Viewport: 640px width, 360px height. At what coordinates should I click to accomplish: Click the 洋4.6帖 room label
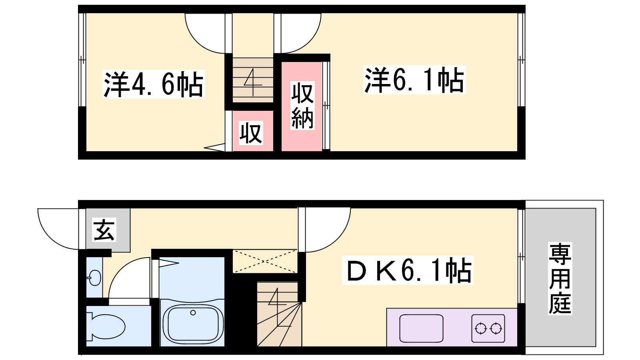point(154,84)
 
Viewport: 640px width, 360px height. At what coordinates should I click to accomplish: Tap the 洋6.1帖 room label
point(414,80)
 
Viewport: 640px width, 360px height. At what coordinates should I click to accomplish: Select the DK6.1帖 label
point(408,270)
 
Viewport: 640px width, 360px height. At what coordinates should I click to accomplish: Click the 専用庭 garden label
point(560,278)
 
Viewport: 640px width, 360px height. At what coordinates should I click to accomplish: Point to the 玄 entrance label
point(104,230)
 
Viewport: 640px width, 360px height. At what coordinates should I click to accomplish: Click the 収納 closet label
point(302,106)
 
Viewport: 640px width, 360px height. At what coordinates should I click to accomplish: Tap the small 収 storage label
point(251,133)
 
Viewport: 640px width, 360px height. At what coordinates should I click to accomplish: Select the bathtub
point(193,323)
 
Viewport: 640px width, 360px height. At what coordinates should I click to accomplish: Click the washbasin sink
point(94,277)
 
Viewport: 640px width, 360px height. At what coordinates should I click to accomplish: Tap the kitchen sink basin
point(422,328)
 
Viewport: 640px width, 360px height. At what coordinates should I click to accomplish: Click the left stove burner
point(480,328)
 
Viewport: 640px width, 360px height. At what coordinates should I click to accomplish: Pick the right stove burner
point(496,328)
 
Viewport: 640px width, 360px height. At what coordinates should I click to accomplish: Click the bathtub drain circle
point(193,312)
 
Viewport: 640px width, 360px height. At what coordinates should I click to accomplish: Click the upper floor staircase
point(253,80)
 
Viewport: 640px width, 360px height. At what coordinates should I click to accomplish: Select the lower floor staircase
point(279,314)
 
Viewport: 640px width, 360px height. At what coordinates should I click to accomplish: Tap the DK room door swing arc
point(338,238)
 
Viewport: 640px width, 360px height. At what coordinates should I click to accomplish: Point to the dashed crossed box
point(265,261)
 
